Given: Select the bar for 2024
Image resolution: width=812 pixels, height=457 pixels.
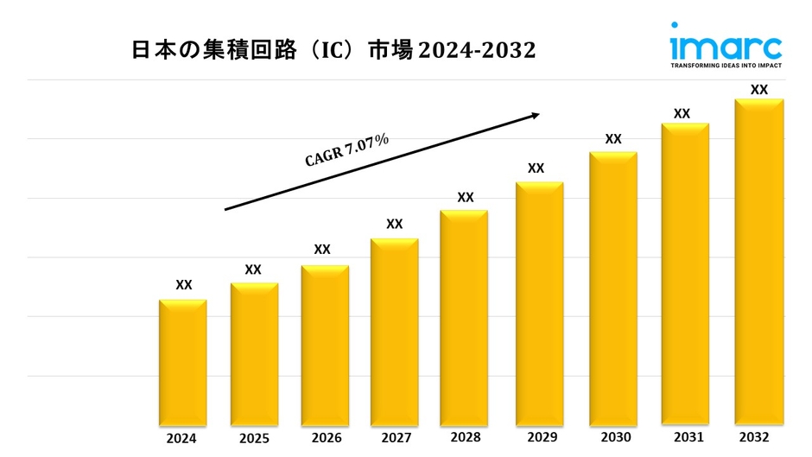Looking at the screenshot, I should pyautogui.click(x=183, y=363).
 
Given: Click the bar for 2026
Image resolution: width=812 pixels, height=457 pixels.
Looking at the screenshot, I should pyautogui.click(x=325, y=346).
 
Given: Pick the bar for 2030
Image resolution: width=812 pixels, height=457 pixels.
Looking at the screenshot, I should pyautogui.click(x=613, y=289).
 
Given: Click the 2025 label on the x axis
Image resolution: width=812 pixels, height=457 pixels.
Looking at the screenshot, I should pyautogui.click(x=254, y=438).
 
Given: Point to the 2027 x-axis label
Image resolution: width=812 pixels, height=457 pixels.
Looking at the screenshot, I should pyautogui.click(x=394, y=438).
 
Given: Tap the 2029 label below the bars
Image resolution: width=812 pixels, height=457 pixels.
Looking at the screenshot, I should pyautogui.click(x=536, y=438).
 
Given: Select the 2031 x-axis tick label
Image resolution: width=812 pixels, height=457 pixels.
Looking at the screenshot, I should pyautogui.click(x=684, y=437).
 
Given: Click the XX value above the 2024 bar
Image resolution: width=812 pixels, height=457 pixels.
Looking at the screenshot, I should pyautogui.click(x=184, y=285).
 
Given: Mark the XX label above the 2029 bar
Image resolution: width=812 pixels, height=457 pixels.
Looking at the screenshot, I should pyautogui.click(x=536, y=168).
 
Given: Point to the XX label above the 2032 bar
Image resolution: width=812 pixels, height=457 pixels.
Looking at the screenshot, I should pyautogui.click(x=759, y=89).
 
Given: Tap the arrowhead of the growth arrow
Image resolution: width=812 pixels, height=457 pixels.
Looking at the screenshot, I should pyautogui.click(x=535, y=114).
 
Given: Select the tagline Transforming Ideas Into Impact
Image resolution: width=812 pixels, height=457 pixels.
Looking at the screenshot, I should pyautogui.click(x=726, y=66).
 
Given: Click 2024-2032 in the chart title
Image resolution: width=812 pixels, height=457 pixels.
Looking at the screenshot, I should pyautogui.click(x=478, y=50).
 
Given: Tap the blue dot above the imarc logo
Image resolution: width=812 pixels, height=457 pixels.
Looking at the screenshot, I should pyautogui.click(x=675, y=25).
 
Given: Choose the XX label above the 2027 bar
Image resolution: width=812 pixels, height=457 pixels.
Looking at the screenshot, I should pyautogui.click(x=394, y=224).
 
